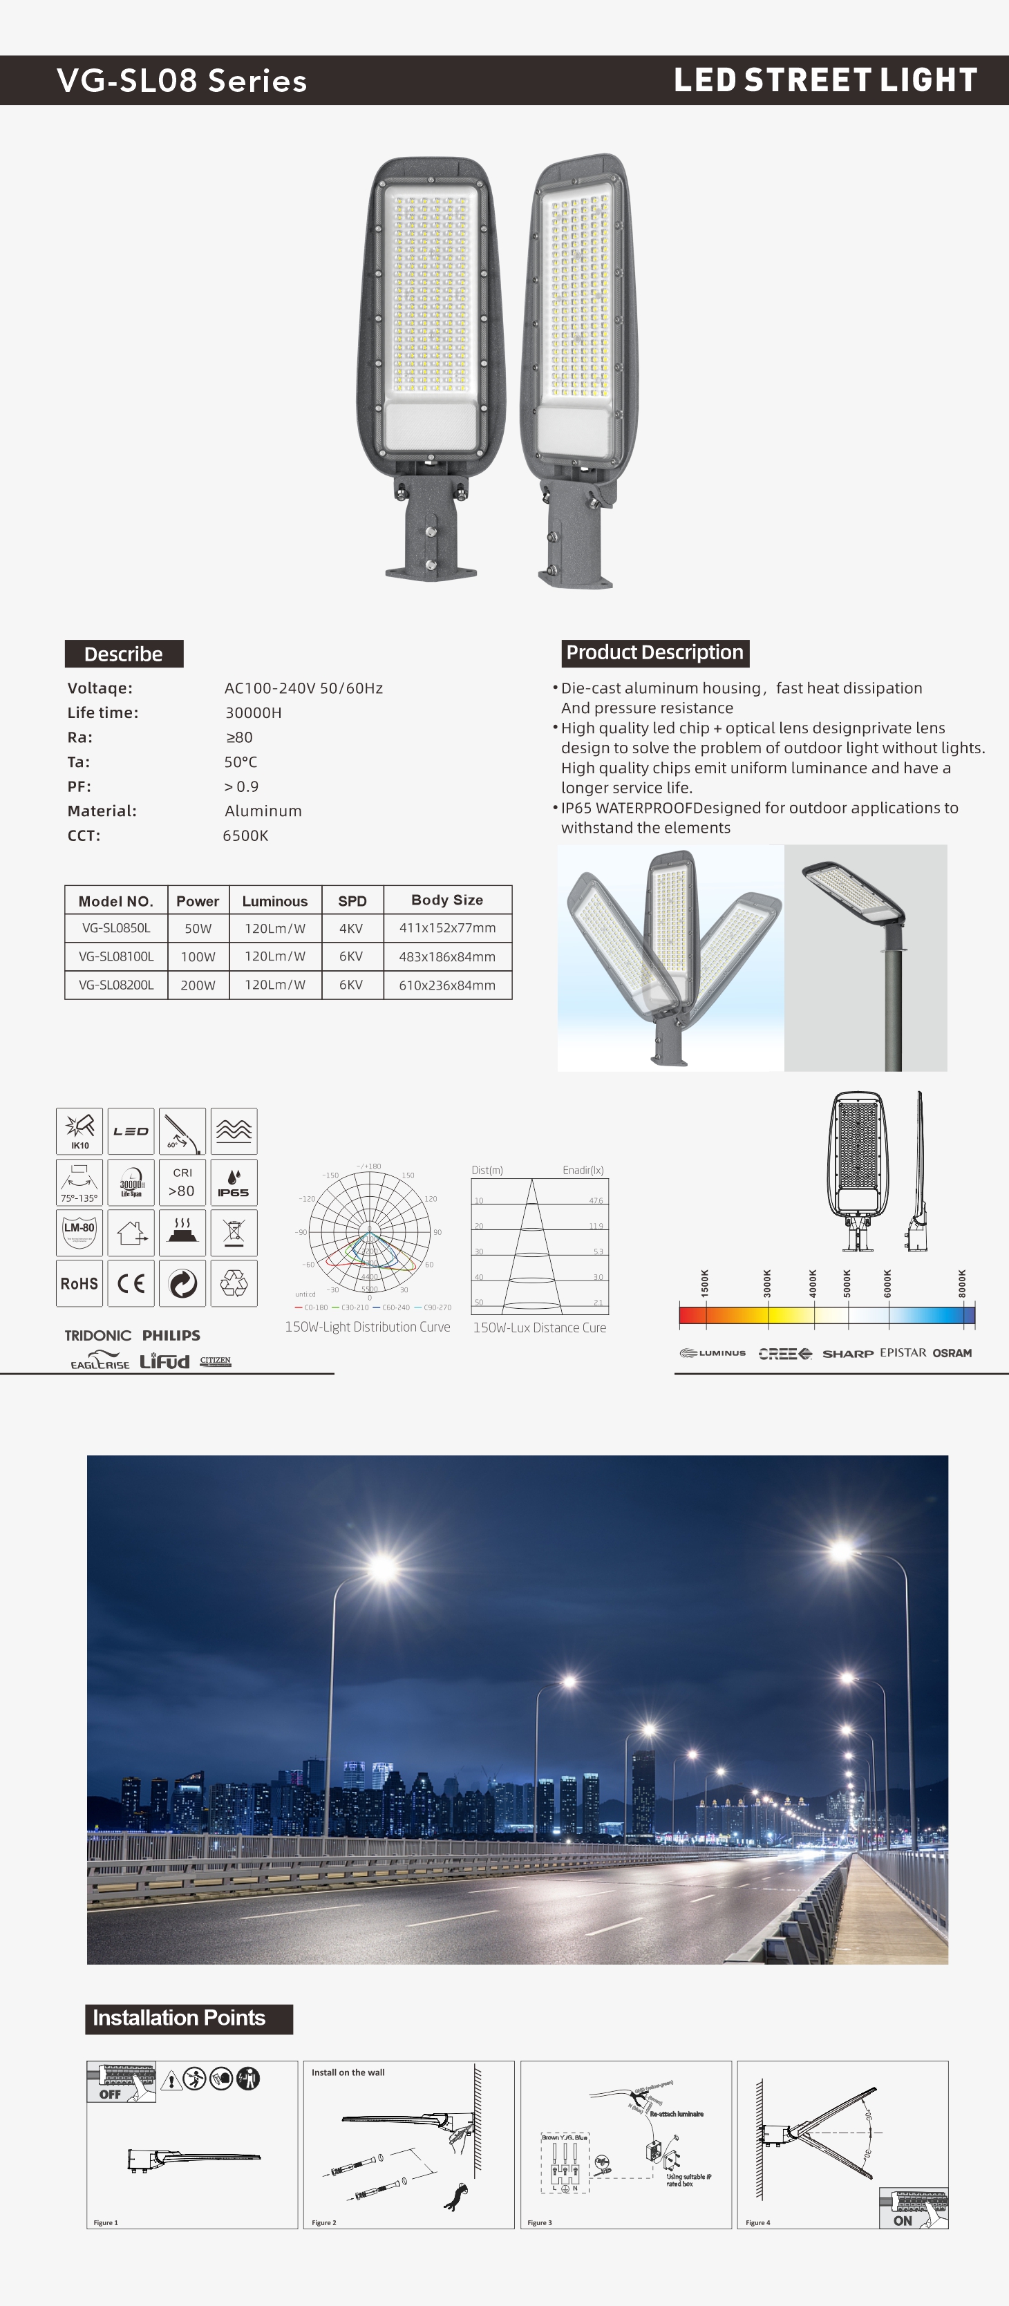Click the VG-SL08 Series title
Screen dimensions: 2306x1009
pyautogui.click(x=182, y=81)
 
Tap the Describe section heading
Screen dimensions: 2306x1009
pyautogui.click(x=124, y=654)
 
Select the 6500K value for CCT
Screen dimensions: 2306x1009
pyautogui.click(x=245, y=835)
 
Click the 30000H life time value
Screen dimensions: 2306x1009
pyautogui.click(x=254, y=712)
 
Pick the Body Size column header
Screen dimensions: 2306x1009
pyautogui.click(x=446, y=900)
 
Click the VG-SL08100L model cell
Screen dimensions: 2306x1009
pyautogui.click(x=116, y=956)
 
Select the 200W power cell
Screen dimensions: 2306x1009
pyautogui.click(x=198, y=985)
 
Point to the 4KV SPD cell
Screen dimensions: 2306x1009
pyautogui.click(x=351, y=928)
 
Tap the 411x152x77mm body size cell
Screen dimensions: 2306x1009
pyautogui.click(x=446, y=928)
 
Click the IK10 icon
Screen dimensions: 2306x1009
pyautogui.click(x=79, y=1131)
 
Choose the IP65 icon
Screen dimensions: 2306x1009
pyautogui.click(x=234, y=1182)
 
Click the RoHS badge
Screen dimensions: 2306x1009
pyautogui.click(x=79, y=1284)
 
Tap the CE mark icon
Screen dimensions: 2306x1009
pyautogui.click(x=131, y=1284)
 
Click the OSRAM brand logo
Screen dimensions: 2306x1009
pyautogui.click(x=952, y=1352)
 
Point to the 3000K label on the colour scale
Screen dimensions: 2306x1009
pyautogui.click(x=767, y=1283)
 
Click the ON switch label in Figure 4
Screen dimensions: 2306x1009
pyautogui.click(x=903, y=2220)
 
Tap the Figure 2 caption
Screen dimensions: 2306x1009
pyautogui.click(x=324, y=2222)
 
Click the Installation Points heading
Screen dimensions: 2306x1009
pyautogui.click(x=179, y=2018)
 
